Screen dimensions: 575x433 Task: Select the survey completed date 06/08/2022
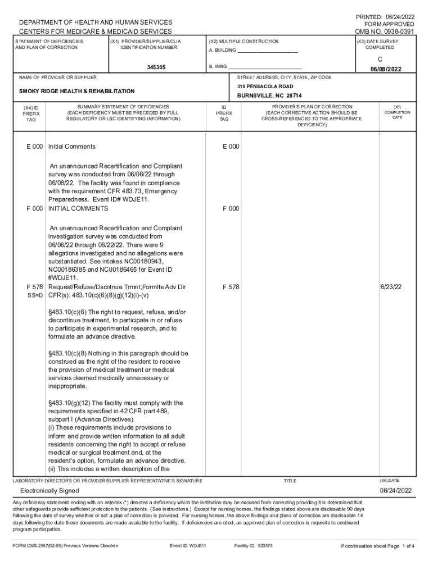tap(385, 70)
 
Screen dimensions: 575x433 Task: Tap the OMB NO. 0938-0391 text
tap(385, 31)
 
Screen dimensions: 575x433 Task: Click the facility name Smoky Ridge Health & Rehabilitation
tap(77, 91)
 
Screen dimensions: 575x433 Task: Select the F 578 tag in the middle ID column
tap(231, 287)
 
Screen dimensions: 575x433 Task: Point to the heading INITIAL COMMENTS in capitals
tap(78, 209)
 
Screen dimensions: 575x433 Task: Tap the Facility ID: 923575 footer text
tap(253, 546)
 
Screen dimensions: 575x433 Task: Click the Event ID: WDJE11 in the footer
tap(188, 546)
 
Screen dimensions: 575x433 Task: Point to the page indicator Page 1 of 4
tap(400, 546)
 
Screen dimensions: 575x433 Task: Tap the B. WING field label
tap(219, 67)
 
